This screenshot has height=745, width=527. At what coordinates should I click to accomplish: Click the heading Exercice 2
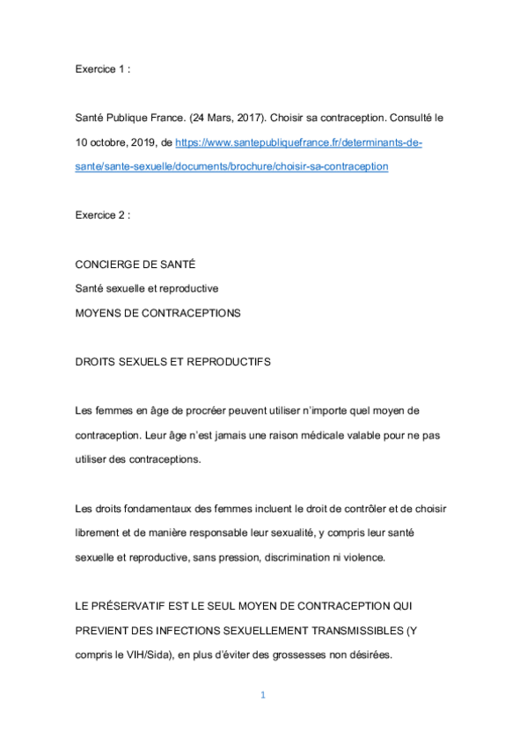102,215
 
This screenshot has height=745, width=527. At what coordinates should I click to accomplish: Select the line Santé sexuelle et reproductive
146,289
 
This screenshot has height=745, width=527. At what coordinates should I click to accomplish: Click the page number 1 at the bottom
262,695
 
